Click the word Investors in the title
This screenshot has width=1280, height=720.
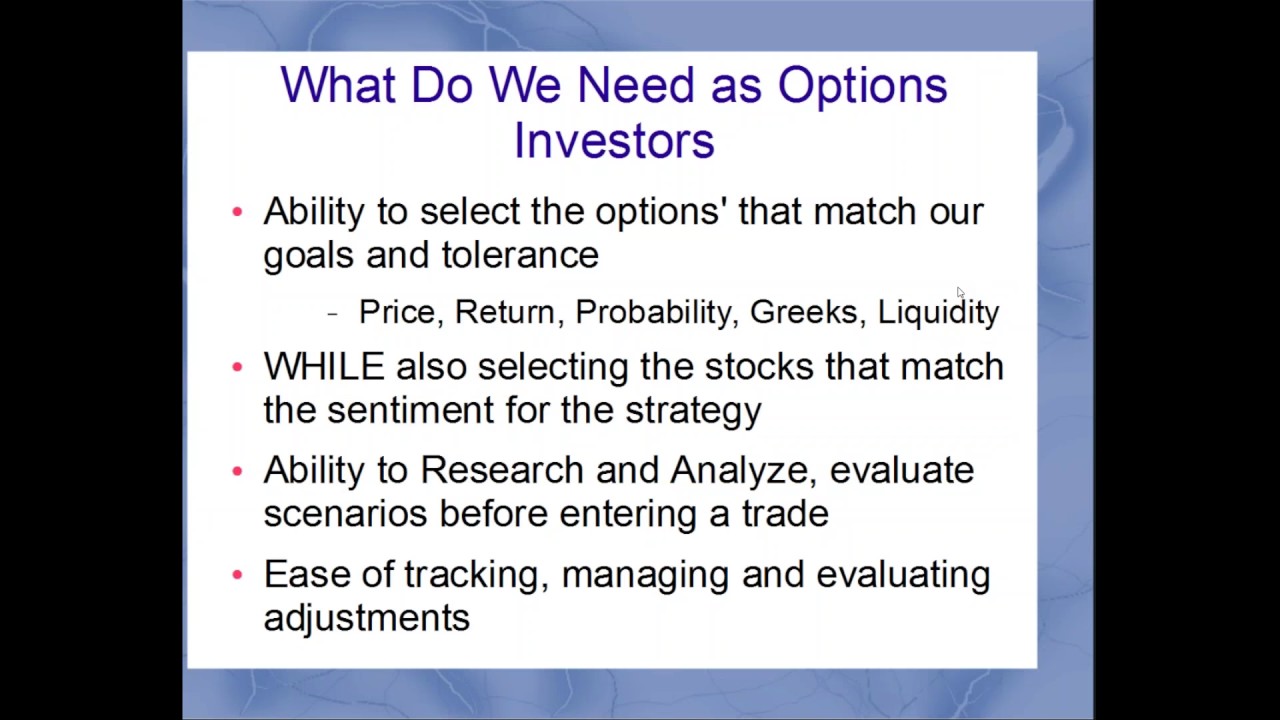click(614, 141)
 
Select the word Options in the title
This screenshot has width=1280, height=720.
click(862, 86)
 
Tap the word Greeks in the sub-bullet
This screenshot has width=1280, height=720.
click(803, 312)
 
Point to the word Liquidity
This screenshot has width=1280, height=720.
click(938, 312)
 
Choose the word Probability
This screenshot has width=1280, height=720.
click(654, 312)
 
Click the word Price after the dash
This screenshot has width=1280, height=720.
click(396, 312)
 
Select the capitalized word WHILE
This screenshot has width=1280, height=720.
click(323, 367)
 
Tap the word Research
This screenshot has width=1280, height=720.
click(501, 470)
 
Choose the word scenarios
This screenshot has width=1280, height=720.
click(345, 514)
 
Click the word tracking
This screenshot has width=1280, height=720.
click(474, 576)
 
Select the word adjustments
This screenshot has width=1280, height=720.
click(366, 618)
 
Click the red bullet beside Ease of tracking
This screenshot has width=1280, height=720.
click(237, 574)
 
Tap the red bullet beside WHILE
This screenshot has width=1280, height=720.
click(237, 367)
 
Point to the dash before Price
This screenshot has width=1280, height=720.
click(332, 314)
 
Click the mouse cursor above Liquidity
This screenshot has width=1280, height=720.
click(960, 293)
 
